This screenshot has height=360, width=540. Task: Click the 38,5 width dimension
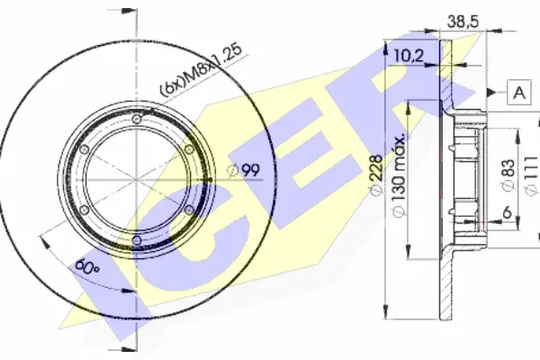pyautogui.click(x=463, y=22)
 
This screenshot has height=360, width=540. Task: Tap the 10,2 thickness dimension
pyautogui.click(x=408, y=55)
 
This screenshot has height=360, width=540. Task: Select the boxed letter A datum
pyautogui.click(x=519, y=93)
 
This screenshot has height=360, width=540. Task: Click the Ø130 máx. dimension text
pyautogui.click(x=399, y=175)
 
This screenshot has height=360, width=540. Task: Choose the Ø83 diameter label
pyautogui.click(x=508, y=175)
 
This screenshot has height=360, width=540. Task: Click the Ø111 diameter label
pyautogui.click(x=531, y=176)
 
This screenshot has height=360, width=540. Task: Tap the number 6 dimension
pyautogui.click(x=507, y=213)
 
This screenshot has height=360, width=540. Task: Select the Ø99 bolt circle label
pyautogui.click(x=244, y=170)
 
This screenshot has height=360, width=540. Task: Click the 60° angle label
pyautogui.click(x=87, y=266)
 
